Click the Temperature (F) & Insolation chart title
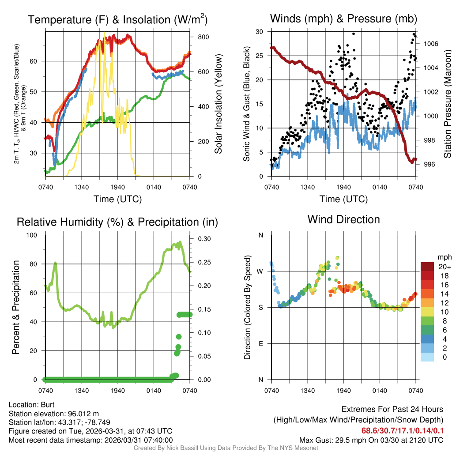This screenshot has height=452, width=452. (x=117, y=19)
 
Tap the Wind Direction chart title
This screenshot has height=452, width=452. (x=343, y=219)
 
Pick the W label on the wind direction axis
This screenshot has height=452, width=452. (x=260, y=271)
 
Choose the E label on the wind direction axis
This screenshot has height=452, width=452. (x=261, y=343)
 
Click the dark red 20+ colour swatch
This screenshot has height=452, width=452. (x=427, y=267)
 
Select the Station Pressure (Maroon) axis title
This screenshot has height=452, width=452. (x=447, y=104)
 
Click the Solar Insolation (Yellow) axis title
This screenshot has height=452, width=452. (x=218, y=104)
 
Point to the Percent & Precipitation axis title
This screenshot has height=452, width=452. (x=16, y=307)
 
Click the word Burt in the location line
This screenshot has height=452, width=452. (x=48, y=404)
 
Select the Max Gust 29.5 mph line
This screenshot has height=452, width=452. (x=371, y=440)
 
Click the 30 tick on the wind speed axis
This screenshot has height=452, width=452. (x=260, y=32)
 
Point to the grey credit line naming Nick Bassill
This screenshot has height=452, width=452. (x=226, y=448)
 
